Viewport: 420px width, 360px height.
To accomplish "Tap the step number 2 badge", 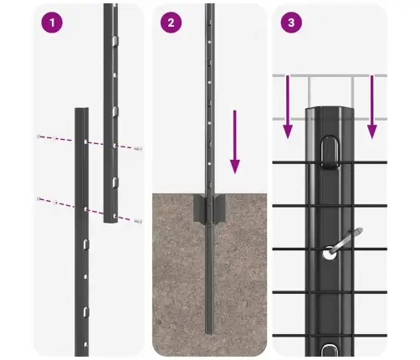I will [172, 23].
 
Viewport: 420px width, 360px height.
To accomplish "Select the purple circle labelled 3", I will [290, 23].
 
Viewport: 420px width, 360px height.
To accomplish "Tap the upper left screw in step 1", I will [38, 136].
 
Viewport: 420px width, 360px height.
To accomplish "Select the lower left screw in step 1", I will [38, 198].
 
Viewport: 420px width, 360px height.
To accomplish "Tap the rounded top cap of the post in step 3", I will [333, 113].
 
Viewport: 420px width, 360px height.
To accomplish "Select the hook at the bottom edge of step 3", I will [331, 349].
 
